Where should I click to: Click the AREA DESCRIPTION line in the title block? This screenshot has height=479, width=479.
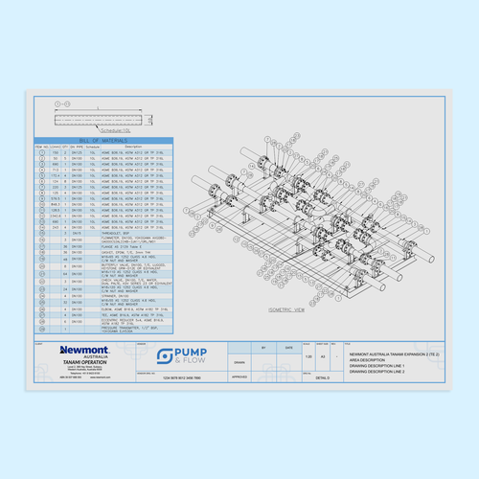(374, 360)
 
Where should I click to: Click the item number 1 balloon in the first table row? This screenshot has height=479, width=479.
(41, 152)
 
